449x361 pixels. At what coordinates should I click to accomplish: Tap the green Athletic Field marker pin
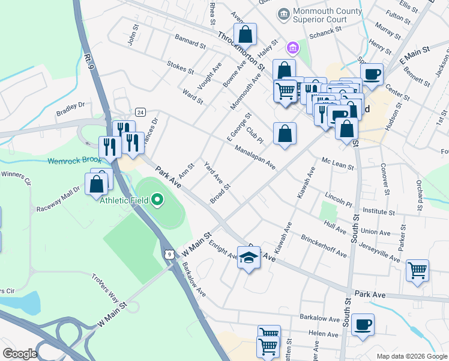click(x=157, y=199)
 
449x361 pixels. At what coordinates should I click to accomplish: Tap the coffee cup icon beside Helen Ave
click(x=363, y=326)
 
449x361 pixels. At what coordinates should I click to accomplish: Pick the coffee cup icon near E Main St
click(x=372, y=75)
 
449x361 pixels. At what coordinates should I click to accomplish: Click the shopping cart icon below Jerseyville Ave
click(x=417, y=270)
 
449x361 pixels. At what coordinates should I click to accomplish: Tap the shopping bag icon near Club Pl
click(x=285, y=134)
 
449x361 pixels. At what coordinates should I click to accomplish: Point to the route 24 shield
click(x=140, y=112)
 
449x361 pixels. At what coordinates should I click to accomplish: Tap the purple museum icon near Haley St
click(x=292, y=48)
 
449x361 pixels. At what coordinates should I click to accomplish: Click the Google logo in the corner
click(x=19, y=354)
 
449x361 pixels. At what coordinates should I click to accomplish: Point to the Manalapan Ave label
click(x=255, y=157)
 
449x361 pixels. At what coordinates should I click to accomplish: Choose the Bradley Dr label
click(x=71, y=109)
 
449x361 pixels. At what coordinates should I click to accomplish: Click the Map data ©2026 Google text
click(x=411, y=356)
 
